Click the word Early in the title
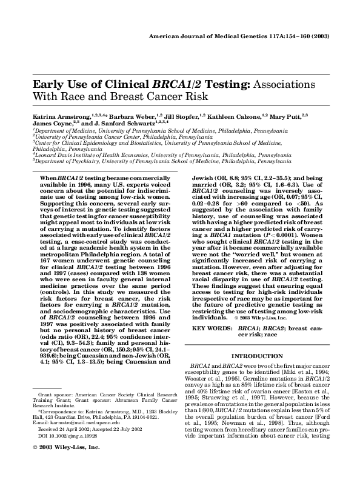[47, 85]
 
